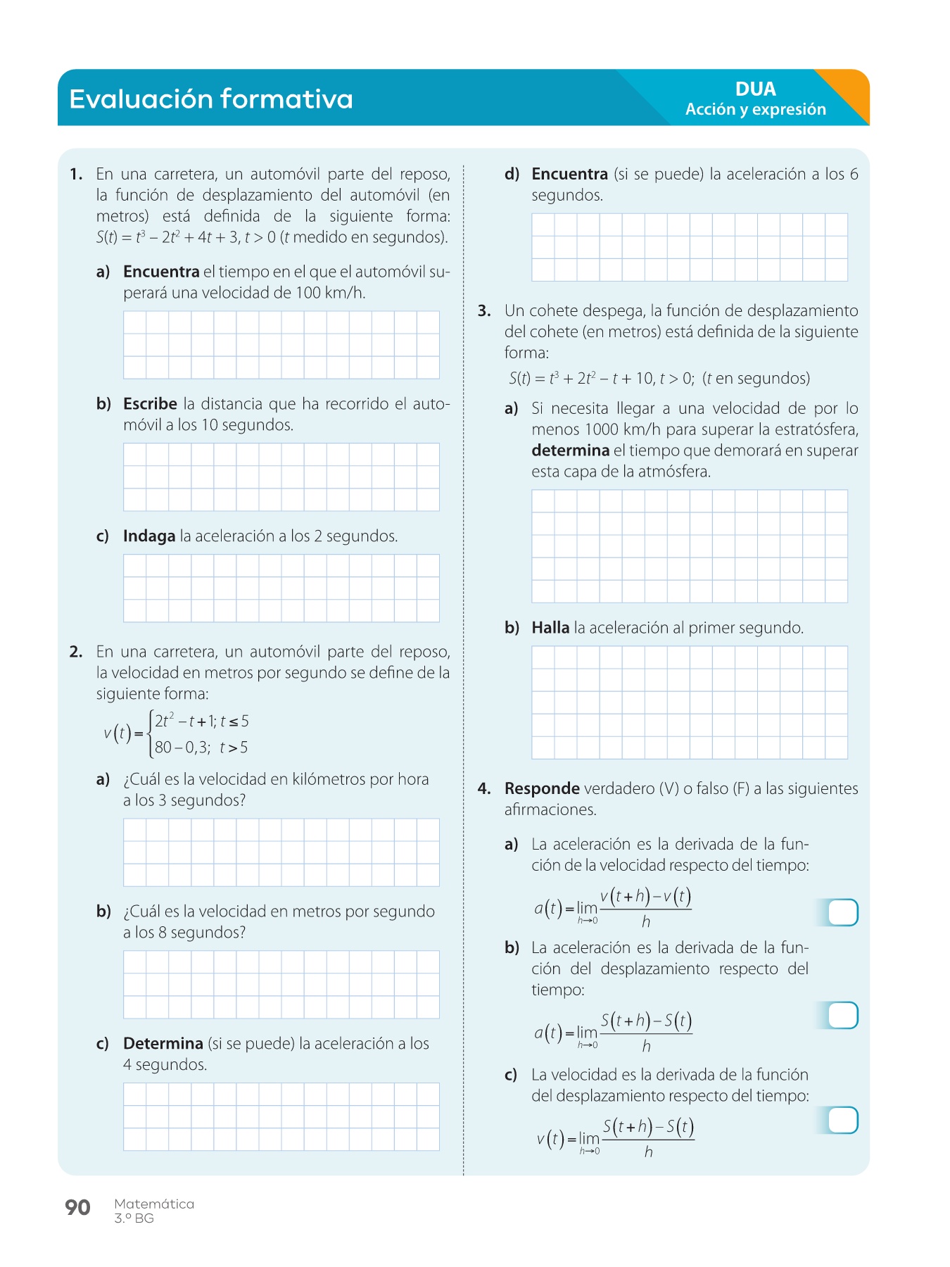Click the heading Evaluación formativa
pyautogui.click(x=210, y=99)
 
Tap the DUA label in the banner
pyautogui.click(x=755, y=89)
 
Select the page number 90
pyautogui.click(x=77, y=1207)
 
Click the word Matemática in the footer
pyautogui.click(x=154, y=1204)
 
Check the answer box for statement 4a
pyautogui.click(x=843, y=912)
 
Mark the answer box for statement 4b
pyautogui.click(x=843, y=1016)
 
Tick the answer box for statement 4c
pyautogui.click(x=843, y=1121)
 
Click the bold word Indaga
pyautogui.click(x=148, y=536)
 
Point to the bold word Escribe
pyautogui.click(x=150, y=404)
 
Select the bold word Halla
pyautogui.click(x=550, y=628)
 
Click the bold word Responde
pyautogui.click(x=542, y=788)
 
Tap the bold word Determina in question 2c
pyautogui.click(x=163, y=1043)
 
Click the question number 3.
pyautogui.click(x=483, y=311)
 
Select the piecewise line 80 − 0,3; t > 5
pyautogui.click(x=201, y=748)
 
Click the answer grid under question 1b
pyautogui.click(x=281, y=477)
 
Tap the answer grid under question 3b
pyautogui.click(x=690, y=702)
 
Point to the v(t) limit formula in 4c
pyautogui.click(x=615, y=1138)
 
